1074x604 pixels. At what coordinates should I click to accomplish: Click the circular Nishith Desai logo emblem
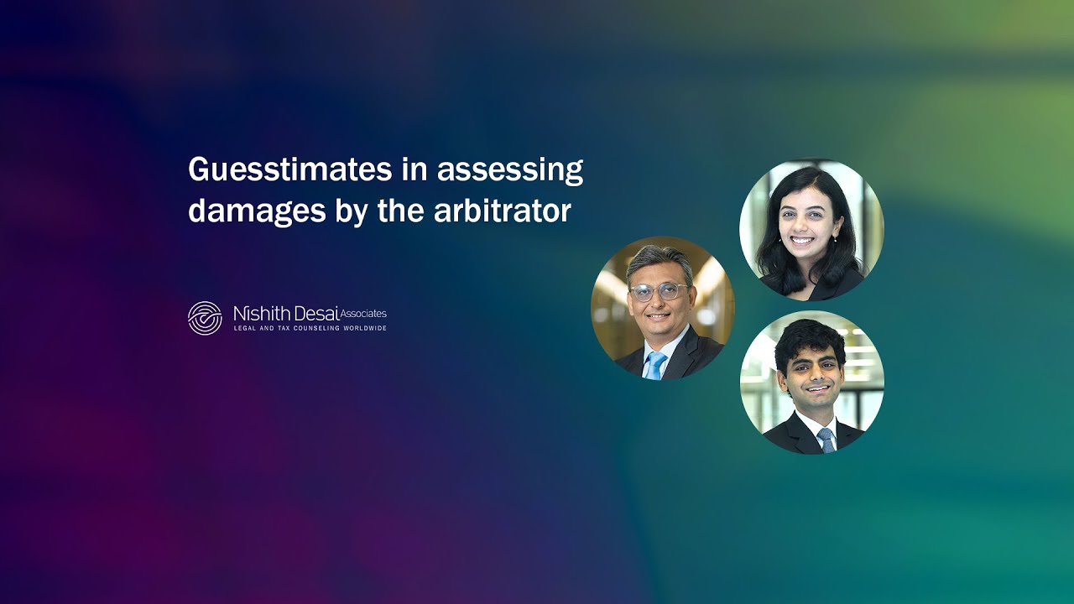coord(205,318)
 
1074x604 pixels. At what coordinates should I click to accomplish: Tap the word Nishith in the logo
coord(257,314)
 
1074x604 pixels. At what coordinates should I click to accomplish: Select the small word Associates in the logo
coord(363,314)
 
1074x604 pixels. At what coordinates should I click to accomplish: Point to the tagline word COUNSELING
coord(306,328)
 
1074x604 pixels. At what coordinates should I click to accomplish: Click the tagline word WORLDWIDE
coord(365,328)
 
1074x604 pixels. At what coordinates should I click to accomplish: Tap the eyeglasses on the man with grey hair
coord(659,291)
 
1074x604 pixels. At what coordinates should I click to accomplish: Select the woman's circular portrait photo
coord(811,229)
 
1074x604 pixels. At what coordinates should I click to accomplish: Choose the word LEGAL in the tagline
coord(245,328)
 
